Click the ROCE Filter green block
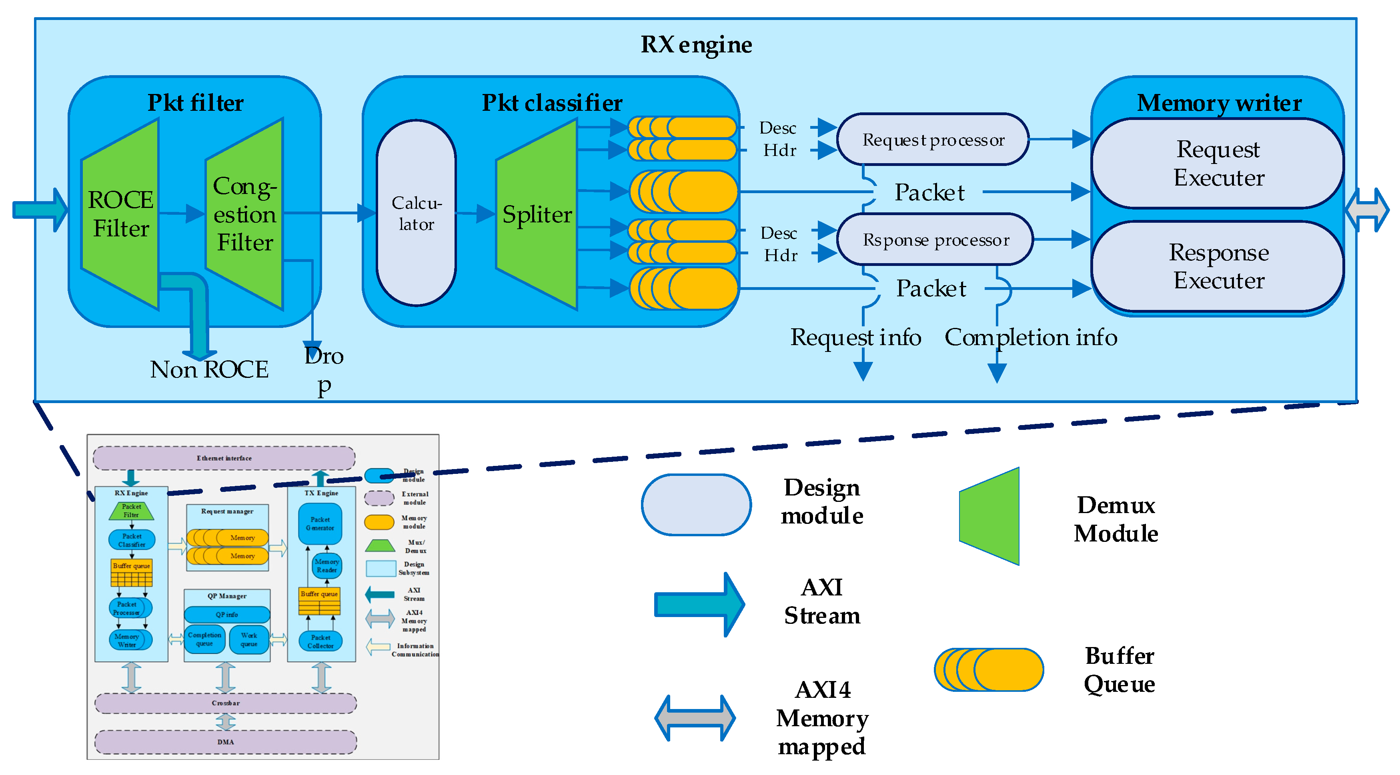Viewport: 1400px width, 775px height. point(121,214)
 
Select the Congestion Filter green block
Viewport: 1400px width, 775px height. point(244,214)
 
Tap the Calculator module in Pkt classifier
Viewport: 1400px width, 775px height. point(416,213)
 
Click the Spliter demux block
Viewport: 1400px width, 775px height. point(537,214)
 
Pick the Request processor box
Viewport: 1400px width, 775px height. point(933,140)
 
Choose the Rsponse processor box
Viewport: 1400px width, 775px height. point(935,240)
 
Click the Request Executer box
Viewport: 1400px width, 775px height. point(1218,163)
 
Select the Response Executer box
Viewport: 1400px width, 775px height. point(1218,266)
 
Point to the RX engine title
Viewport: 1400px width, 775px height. point(696,44)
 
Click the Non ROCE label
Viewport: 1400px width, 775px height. point(209,370)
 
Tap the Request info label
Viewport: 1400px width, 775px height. point(855,337)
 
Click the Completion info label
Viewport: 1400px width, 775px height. point(1030,337)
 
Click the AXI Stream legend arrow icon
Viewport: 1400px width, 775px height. point(698,604)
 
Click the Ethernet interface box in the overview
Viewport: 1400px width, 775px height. point(224,458)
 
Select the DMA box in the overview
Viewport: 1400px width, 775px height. point(226,742)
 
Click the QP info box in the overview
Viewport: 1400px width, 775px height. point(226,615)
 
